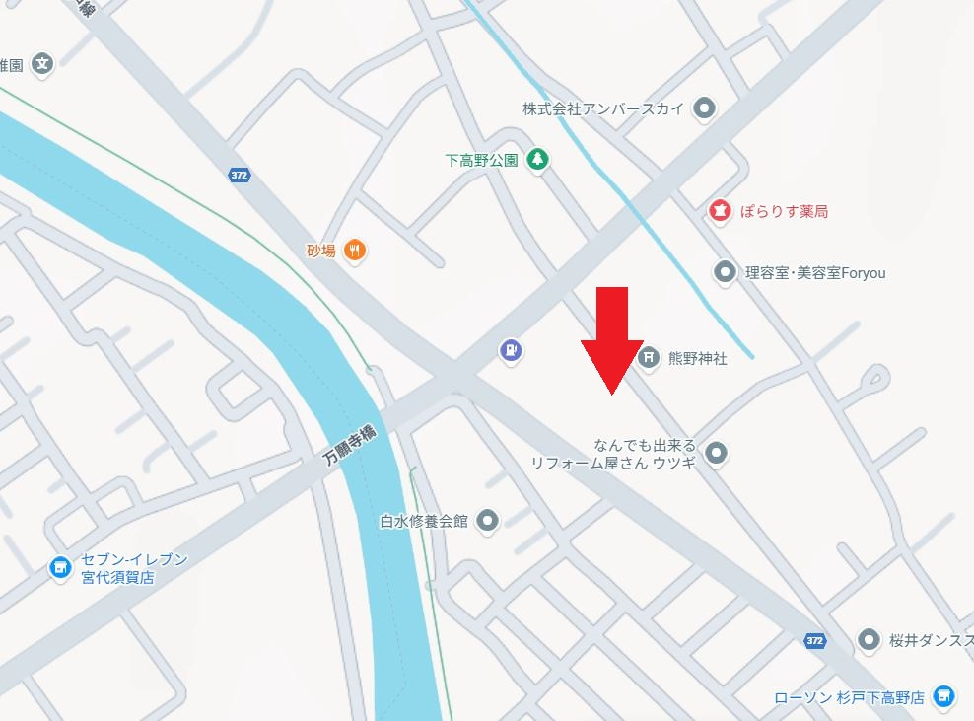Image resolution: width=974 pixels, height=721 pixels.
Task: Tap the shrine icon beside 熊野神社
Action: coord(649,358)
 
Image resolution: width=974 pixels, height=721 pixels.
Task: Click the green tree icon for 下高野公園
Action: coord(536,159)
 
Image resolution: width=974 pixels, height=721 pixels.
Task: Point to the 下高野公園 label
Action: coord(481,160)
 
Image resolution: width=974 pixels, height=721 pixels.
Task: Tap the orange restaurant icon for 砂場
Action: coord(356,251)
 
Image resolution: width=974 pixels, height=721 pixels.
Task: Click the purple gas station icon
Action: coord(510,350)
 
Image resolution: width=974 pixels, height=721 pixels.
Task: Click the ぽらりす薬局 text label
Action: coord(784,211)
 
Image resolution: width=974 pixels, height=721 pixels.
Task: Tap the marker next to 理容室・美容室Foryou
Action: coord(726,271)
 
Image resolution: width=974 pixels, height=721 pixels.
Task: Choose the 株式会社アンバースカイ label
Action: coord(603,108)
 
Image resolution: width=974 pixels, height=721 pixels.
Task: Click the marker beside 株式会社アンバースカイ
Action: coord(704,108)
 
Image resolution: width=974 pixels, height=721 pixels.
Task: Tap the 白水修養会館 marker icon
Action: coord(487,521)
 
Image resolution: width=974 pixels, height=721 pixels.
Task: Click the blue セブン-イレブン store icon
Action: coord(60,568)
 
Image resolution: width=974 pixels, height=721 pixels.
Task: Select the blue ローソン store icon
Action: coord(944,696)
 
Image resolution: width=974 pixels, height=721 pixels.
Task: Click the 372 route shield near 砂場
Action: coord(239,176)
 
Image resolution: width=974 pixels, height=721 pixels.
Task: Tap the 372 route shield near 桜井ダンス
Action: coord(814,641)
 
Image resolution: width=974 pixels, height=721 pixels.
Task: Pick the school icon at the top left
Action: coord(42,65)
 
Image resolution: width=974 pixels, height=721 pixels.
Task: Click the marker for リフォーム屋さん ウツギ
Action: coord(718,454)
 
